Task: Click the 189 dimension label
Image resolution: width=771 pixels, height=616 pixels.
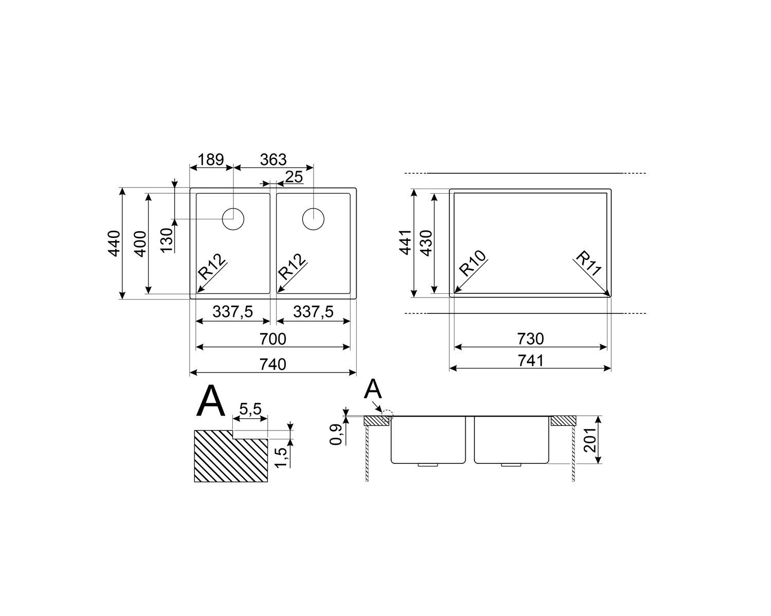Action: click(x=211, y=160)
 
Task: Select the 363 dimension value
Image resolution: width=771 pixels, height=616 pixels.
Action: click(x=273, y=160)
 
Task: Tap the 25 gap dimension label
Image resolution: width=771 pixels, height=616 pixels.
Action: click(x=294, y=177)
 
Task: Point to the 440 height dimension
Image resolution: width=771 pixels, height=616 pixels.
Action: click(x=114, y=244)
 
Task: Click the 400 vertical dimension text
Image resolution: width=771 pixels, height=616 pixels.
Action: click(x=140, y=244)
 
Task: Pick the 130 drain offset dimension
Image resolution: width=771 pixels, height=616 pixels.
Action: click(x=167, y=240)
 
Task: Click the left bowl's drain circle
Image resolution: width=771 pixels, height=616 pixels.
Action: click(x=233, y=219)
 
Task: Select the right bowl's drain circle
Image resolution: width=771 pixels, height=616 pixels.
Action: click(x=313, y=219)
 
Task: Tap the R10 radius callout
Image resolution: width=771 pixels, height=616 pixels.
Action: click(x=473, y=263)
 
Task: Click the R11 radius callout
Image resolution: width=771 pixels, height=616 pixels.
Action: click(x=589, y=263)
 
